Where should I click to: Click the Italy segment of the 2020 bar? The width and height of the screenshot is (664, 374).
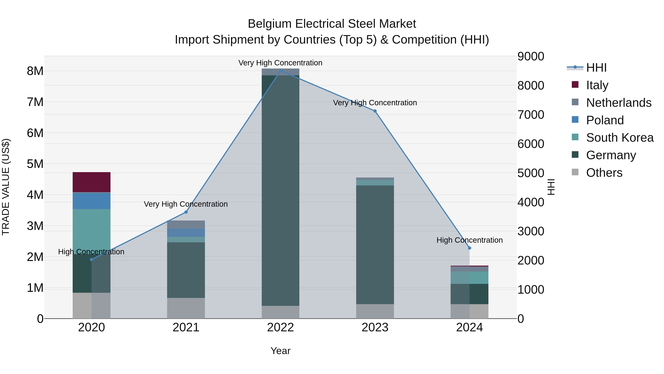pyautogui.click(x=91, y=182)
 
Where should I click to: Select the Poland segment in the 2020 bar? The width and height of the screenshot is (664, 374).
pyautogui.click(x=91, y=201)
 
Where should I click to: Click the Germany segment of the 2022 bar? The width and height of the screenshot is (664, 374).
pyautogui.click(x=280, y=191)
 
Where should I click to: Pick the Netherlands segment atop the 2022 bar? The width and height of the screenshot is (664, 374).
pyautogui.click(x=280, y=72)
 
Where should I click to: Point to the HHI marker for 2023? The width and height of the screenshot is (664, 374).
pyautogui.click(x=375, y=111)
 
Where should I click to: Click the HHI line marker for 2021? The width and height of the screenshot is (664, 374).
pyautogui.click(x=186, y=212)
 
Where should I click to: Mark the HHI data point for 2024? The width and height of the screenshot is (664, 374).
pyautogui.click(x=469, y=248)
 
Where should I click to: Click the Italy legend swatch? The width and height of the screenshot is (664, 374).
pyautogui.click(x=575, y=85)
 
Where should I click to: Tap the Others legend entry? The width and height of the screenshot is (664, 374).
pyautogui.click(x=604, y=173)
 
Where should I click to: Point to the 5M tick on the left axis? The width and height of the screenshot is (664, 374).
pyautogui.click(x=35, y=164)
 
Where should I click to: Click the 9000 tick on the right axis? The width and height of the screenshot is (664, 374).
pyautogui.click(x=531, y=57)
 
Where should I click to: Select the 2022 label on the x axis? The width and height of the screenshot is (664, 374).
pyautogui.click(x=280, y=327)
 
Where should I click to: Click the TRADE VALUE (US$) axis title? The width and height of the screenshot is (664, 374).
pyautogui.click(x=6, y=187)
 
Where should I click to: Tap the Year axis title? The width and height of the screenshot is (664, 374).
pyautogui.click(x=280, y=351)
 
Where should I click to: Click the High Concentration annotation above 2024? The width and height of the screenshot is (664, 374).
pyautogui.click(x=469, y=240)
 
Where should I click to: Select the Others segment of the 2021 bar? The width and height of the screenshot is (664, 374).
pyautogui.click(x=186, y=308)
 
